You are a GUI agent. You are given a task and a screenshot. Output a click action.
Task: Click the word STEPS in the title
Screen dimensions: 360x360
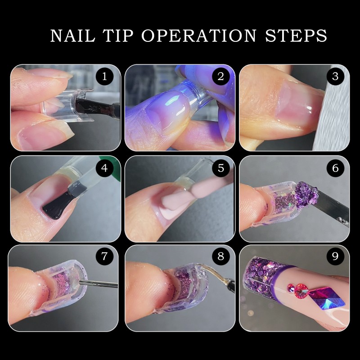point(299,36)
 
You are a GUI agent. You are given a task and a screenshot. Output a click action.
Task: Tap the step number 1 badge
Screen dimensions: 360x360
point(105,76)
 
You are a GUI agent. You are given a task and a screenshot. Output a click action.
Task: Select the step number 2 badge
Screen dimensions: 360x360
point(220,76)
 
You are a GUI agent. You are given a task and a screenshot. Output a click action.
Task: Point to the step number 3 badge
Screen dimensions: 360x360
point(335,76)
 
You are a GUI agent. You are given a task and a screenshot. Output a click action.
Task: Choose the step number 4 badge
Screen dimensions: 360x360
point(105,169)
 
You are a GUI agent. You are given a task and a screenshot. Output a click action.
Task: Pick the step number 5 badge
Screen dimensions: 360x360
point(220,169)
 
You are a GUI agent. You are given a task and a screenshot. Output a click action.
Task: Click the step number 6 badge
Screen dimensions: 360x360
point(335,169)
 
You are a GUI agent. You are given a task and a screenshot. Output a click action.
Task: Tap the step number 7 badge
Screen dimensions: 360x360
point(105,257)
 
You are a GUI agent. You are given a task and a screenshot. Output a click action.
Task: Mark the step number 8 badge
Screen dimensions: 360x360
point(220,257)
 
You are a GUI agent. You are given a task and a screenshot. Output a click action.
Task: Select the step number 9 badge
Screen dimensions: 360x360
point(335,257)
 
